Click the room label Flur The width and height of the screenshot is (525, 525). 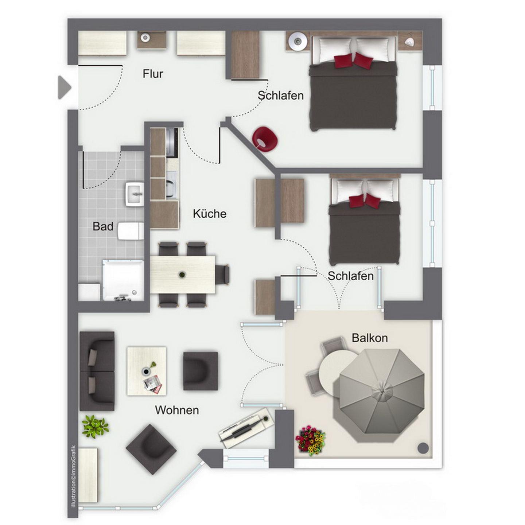coord(152,74)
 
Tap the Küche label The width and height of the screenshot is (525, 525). coord(210,214)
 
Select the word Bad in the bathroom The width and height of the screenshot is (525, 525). coord(103,226)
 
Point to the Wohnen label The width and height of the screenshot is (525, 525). coord(177,410)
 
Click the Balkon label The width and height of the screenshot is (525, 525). coord(370,338)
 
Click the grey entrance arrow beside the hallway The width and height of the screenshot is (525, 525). coord(65,87)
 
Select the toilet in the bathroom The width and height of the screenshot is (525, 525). coord(131,231)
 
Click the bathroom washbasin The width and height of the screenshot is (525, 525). coord(134,194)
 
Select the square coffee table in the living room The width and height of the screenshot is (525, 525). coord(147,371)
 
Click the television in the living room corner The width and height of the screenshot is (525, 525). coord(246,432)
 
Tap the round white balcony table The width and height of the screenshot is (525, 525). coord(338,371)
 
